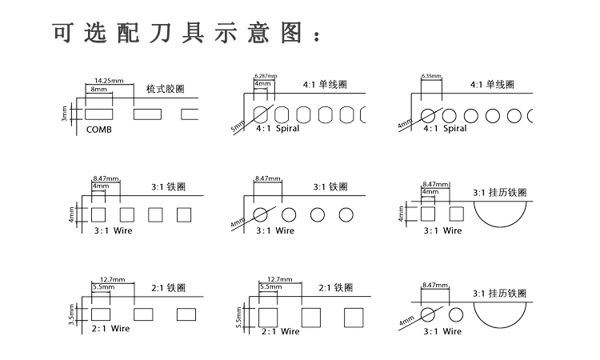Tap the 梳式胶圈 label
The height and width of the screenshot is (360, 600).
[x=166, y=89]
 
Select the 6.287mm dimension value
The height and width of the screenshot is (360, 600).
[x=265, y=75]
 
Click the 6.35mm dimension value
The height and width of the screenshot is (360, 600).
[x=431, y=76]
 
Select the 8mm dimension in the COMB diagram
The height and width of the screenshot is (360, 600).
[x=98, y=90]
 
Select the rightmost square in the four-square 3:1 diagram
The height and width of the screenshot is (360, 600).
[x=184, y=214]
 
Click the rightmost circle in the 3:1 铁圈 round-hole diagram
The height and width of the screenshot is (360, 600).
[x=346, y=214]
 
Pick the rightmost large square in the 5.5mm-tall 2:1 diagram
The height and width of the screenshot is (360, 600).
[x=354, y=318]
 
